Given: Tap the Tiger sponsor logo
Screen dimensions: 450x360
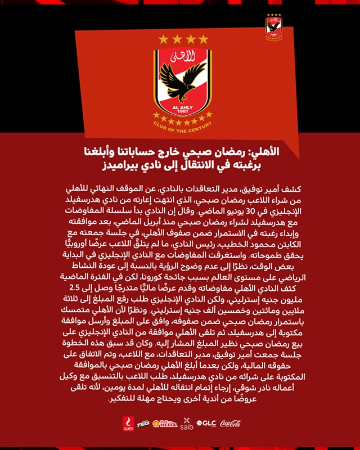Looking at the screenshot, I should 143,423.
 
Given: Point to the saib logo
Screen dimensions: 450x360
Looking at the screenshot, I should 187,424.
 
